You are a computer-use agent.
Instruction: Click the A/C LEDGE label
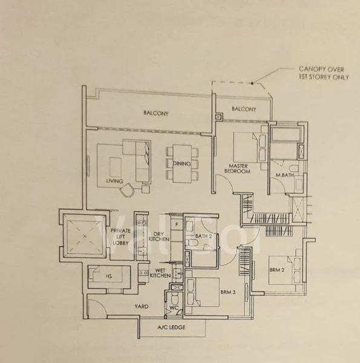tap(171, 327)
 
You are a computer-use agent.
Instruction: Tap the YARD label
tap(142, 307)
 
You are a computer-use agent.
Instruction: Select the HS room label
tap(108, 276)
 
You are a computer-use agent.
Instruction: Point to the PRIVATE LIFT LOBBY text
tap(120, 237)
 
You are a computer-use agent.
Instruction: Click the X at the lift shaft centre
tap(85, 237)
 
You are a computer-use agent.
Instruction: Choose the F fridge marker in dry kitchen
tap(177, 224)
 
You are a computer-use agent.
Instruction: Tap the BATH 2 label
tap(203, 236)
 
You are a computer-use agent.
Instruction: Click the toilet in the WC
tap(174, 299)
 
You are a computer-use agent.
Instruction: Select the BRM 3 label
tap(228, 292)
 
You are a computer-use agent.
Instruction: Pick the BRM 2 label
tap(277, 270)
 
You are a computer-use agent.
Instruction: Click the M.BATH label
tap(284, 175)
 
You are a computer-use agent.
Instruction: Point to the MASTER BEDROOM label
tap(238, 169)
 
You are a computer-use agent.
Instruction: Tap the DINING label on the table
tap(182, 163)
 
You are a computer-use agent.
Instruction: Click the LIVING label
tap(114, 181)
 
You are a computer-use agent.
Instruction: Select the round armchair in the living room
tap(127, 190)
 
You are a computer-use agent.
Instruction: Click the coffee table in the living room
tap(116, 167)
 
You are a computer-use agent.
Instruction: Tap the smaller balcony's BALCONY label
tap(244, 109)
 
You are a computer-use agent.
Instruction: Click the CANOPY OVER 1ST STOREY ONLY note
tap(324, 73)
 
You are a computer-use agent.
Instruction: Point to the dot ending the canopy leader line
tap(252, 83)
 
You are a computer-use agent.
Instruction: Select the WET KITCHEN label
tap(160, 273)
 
